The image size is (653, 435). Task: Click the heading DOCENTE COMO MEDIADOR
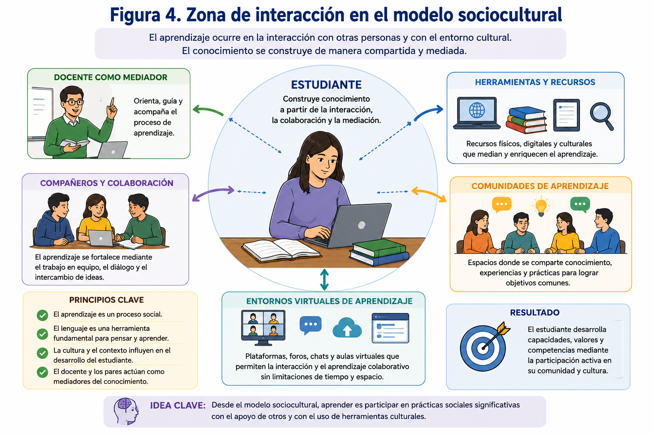point(111,77)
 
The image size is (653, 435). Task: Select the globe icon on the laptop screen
point(477,110)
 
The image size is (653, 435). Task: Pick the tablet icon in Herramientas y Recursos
point(566,115)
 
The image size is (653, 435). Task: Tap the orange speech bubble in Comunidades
point(502,204)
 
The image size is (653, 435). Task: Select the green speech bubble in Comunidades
point(580,204)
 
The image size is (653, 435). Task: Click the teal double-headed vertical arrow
point(324,280)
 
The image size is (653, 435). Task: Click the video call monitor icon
point(263,328)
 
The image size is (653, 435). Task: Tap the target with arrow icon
point(485,346)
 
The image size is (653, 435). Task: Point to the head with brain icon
point(126,411)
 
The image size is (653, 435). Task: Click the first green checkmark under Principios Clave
point(43,315)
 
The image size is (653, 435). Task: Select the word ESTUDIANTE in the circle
point(326,85)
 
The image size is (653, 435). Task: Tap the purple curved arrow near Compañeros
point(213,192)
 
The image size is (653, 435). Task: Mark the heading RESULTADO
point(535,313)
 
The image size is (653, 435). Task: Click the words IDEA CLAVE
point(178,405)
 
